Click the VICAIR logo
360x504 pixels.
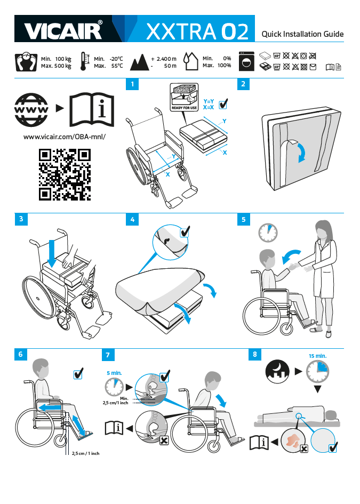(x=63, y=30)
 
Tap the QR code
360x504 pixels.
(x=65, y=174)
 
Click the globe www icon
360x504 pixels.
(x=31, y=110)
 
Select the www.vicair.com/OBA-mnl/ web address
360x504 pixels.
(x=65, y=137)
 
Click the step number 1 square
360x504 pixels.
(x=132, y=84)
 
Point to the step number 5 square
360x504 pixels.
(x=243, y=219)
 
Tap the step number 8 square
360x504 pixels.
(x=255, y=354)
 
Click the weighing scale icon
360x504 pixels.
(x=26, y=62)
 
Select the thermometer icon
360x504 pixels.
(x=84, y=61)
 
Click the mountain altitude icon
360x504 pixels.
(x=139, y=62)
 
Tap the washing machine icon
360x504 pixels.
(x=246, y=61)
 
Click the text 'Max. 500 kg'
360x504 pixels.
(x=56, y=66)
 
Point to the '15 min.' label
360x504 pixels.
(x=317, y=356)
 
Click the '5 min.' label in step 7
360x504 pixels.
(x=115, y=373)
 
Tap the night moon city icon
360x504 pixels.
(x=277, y=371)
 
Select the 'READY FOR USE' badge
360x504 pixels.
(x=184, y=97)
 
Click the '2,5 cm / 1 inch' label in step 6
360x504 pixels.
(x=85, y=453)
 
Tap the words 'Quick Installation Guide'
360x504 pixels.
(x=302, y=34)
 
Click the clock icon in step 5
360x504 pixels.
(x=268, y=233)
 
